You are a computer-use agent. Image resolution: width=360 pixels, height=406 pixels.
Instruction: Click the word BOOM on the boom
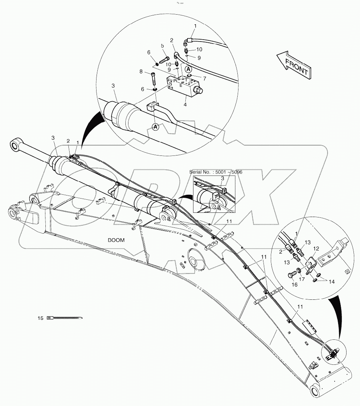(116, 240)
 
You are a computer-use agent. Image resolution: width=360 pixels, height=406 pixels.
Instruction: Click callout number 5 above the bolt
(163, 46)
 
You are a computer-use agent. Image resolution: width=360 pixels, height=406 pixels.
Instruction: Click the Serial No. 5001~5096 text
(215, 172)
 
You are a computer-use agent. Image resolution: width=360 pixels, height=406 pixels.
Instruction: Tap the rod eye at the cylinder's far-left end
(16, 145)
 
